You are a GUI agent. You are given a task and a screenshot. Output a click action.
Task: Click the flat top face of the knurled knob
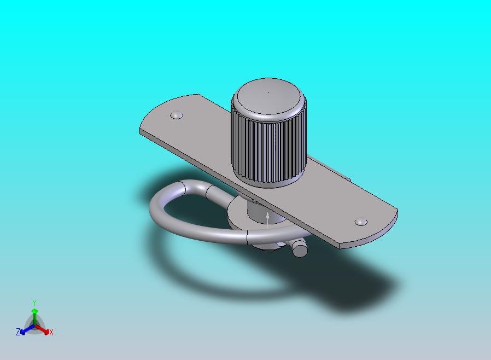(x=268, y=96)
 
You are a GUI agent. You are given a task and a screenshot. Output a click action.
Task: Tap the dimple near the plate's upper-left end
(x=177, y=115)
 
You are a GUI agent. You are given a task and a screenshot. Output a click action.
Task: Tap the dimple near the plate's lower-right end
(x=361, y=222)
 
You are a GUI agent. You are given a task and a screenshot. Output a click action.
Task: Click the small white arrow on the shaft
(x=268, y=219)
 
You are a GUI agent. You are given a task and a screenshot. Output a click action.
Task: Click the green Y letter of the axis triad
(x=34, y=303)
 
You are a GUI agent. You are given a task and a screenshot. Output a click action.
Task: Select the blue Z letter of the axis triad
(x=18, y=332)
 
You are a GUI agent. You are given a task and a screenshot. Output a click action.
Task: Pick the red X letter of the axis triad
(x=51, y=332)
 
